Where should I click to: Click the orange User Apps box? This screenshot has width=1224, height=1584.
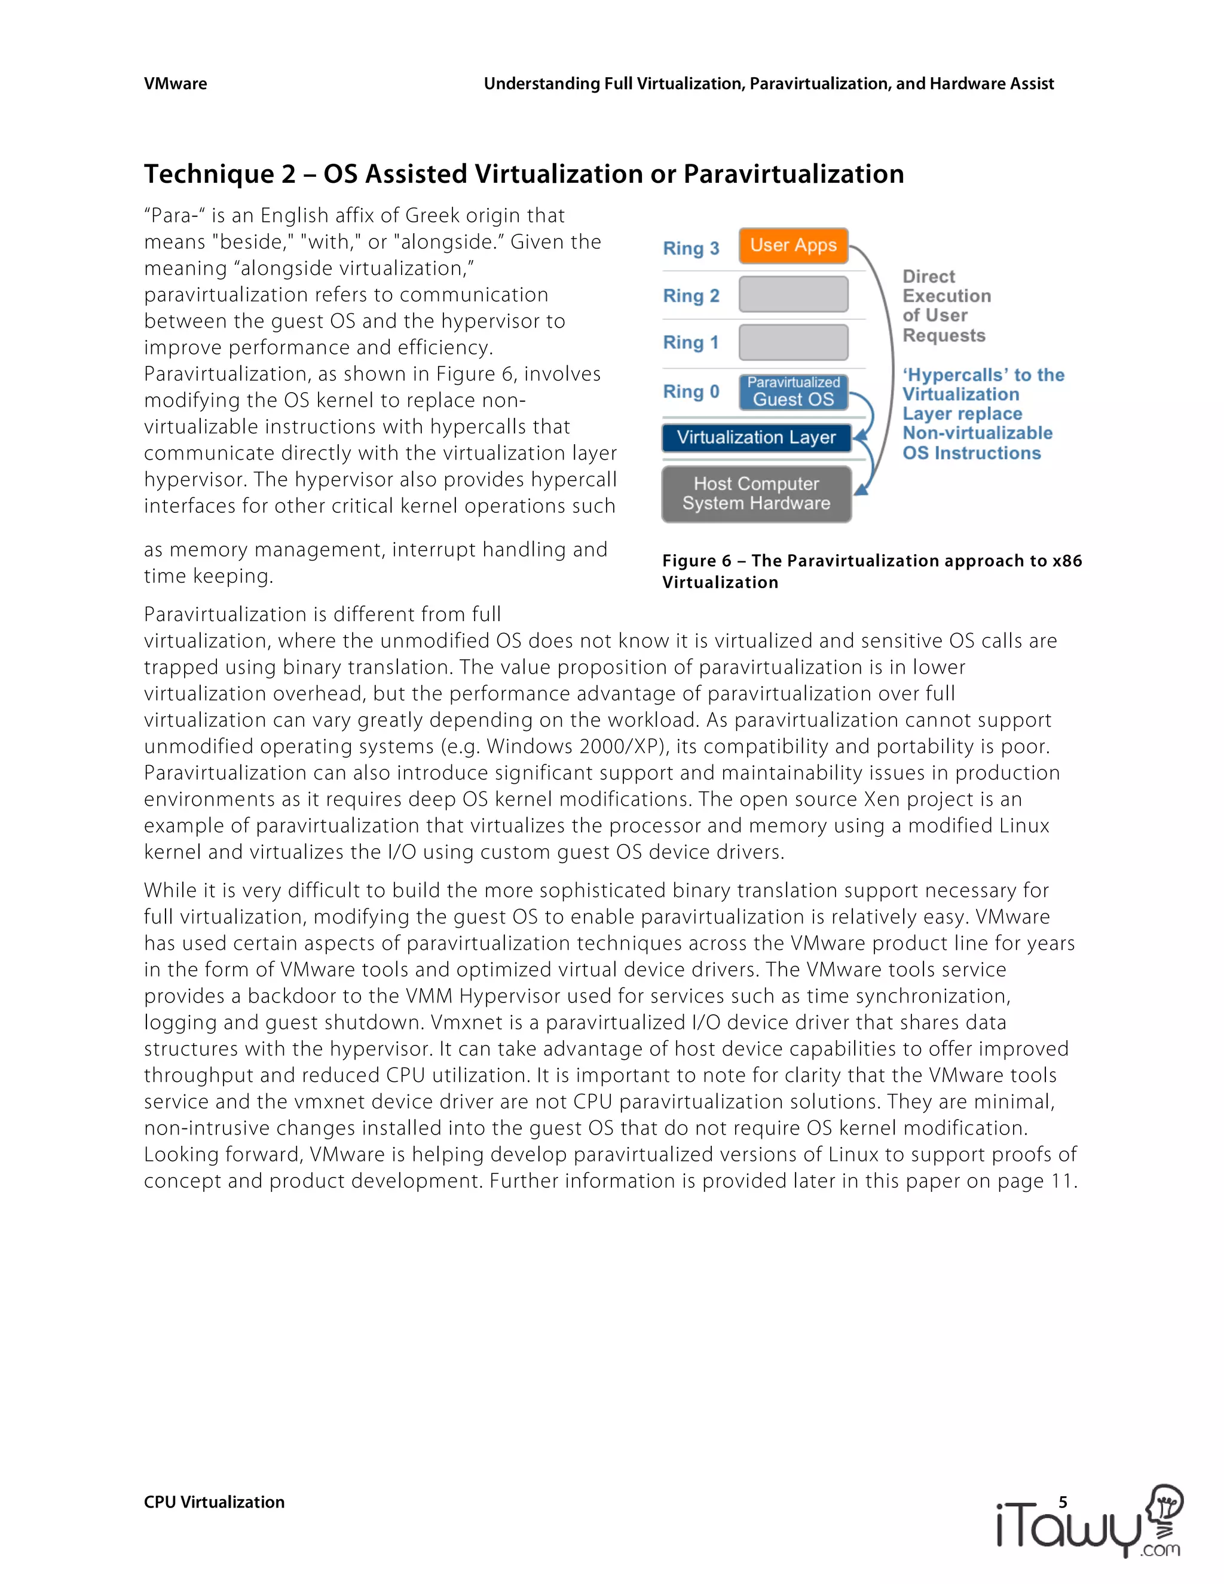tap(793, 245)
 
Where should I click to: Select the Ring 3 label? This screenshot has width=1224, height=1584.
tap(690, 248)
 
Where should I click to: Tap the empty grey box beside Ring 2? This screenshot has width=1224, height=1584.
tap(793, 295)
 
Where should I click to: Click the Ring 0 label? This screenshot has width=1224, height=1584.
tap(690, 392)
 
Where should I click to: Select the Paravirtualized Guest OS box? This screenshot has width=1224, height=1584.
tap(793, 392)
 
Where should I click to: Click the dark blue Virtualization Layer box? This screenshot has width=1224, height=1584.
tap(755, 438)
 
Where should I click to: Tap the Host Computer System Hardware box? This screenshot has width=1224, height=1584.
tap(755, 493)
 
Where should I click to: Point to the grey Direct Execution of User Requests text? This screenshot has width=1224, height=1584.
tap(945, 305)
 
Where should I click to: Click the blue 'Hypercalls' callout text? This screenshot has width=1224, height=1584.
tap(982, 414)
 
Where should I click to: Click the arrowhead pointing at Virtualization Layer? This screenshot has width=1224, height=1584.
tap(859, 436)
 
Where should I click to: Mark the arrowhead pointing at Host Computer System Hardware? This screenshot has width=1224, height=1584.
tap(861, 490)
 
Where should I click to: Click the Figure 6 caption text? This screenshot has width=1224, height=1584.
tap(871, 571)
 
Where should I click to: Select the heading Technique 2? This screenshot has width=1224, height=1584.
tap(523, 174)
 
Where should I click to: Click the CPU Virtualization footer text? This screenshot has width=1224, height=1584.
tap(214, 1502)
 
